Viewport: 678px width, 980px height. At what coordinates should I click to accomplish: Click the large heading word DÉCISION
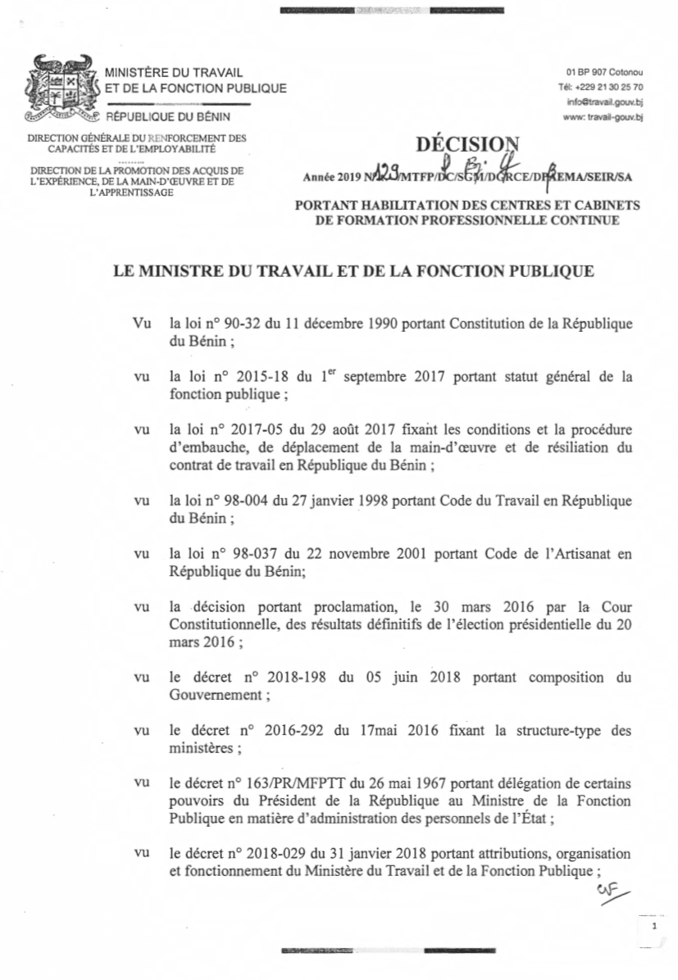(468, 145)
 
